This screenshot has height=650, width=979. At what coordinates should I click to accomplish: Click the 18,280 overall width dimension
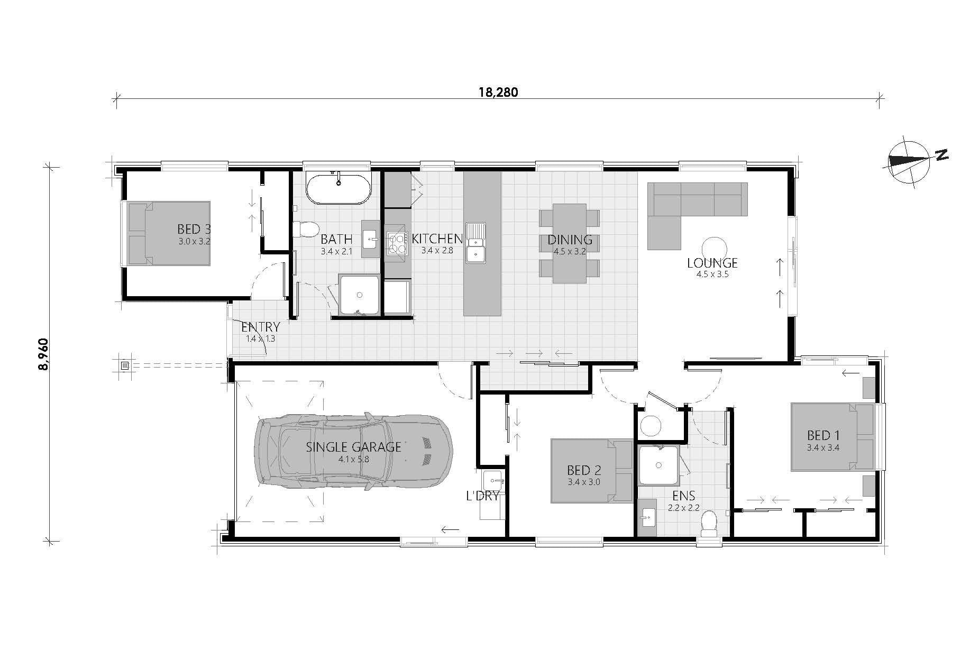498,92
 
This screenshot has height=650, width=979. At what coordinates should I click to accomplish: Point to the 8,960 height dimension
44,354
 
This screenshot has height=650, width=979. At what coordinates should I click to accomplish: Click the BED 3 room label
194,229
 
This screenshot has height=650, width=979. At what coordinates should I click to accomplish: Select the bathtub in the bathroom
339,189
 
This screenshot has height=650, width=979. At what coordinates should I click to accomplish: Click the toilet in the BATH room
303,229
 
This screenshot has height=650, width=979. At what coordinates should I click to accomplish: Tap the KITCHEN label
437,239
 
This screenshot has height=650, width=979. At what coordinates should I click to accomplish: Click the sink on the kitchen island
476,243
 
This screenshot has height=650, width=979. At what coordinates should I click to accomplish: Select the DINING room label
570,240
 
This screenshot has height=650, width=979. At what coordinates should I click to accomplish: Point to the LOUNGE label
712,263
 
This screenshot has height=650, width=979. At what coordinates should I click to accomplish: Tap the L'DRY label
482,496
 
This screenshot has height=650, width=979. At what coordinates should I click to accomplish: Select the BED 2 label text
584,470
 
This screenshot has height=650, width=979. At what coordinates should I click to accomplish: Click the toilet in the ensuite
708,523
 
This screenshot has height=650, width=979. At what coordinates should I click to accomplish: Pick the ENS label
683,496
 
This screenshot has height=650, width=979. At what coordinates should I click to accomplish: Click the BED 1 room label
823,435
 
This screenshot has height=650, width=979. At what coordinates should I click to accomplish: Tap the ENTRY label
260,327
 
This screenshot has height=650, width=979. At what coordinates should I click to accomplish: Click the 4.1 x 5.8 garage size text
354,459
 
